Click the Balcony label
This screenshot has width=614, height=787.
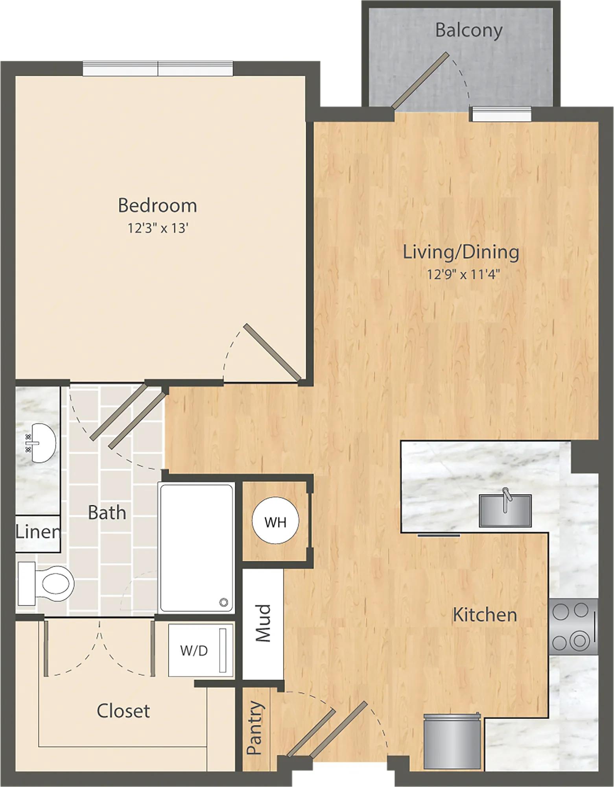coord(469,31)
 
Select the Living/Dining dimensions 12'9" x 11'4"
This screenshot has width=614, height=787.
coord(463,274)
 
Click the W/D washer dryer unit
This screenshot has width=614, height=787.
coord(201,650)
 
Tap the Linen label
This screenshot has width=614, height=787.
coord(38,532)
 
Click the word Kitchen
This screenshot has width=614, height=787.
coord(485,615)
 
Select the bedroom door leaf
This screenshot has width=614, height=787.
coord(272,352)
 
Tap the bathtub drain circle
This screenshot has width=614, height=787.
coord(224,601)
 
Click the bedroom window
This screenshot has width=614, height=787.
coord(158,68)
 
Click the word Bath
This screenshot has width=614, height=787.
coord(107,513)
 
